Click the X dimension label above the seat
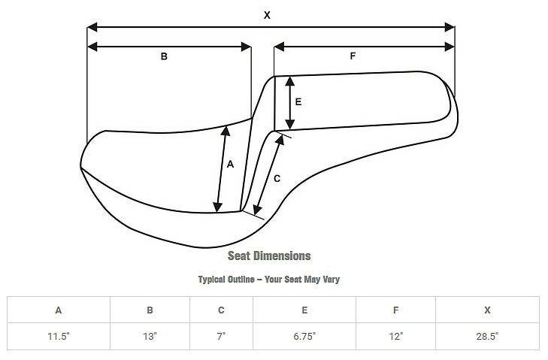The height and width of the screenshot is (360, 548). pos(267,14)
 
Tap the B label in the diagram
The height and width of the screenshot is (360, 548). pos(164,56)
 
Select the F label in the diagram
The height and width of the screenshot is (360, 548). pos(353,56)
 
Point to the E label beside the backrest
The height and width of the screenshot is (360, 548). pos(298,102)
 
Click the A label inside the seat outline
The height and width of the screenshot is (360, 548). pos(230,165)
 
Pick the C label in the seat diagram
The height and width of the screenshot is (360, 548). pos(277,178)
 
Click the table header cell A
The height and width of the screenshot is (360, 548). pos(59,310)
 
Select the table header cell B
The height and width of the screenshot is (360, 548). pos(150,310)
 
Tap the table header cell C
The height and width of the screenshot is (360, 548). pos(221,310)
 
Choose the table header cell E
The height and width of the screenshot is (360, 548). pos(304,310)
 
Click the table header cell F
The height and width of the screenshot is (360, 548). pos(395,310)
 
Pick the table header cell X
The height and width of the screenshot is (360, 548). pos(487,310)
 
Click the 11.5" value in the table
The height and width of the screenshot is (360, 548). pos(59,336)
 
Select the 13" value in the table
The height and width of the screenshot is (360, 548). pos(150,336)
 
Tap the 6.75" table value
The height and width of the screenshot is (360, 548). pos(304,336)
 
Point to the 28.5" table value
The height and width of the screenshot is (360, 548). pos(487,336)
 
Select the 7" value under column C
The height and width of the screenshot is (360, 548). pos(221,336)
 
